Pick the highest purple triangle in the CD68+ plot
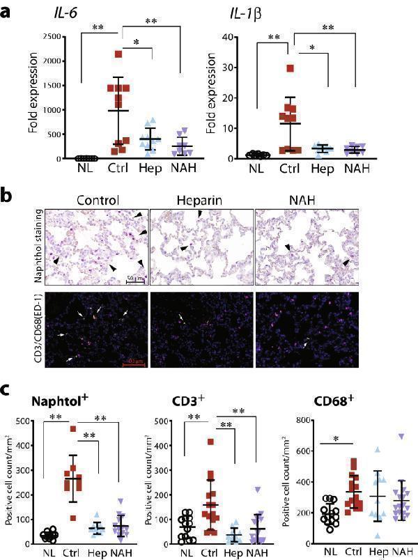[x=401, y=437]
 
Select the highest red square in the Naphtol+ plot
[x=74, y=430]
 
